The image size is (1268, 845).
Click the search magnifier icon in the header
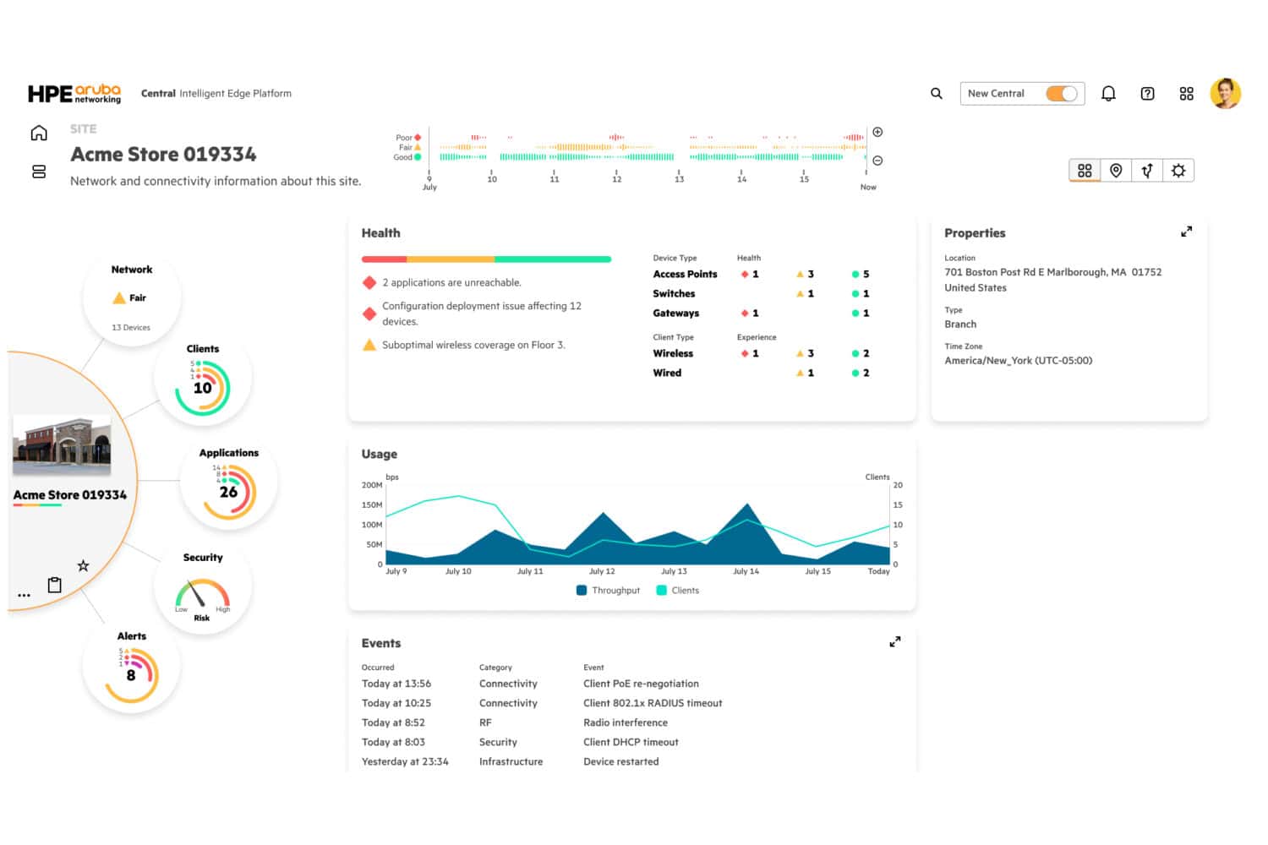point(936,94)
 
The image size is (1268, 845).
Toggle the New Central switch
point(1062,94)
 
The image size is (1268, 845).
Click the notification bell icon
point(1108,94)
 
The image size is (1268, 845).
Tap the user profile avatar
point(1225,93)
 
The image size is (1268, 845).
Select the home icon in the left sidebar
point(39,133)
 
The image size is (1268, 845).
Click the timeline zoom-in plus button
point(877,132)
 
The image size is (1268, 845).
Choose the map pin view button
point(1116,171)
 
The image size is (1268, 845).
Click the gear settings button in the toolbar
point(1178,171)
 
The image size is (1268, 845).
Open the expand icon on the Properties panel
point(1186,232)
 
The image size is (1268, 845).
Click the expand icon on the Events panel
point(894,642)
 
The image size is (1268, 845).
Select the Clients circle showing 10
point(203,387)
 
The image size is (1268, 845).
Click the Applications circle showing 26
point(229,491)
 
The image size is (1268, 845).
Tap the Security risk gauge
point(202,595)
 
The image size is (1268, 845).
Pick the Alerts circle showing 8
point(131,674)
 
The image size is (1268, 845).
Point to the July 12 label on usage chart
point(602,572)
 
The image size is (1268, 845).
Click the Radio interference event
point(625,722)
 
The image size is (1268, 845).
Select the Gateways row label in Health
point(675,313)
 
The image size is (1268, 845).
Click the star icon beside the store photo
point(83,565)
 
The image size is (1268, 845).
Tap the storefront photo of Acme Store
point(62,445)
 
